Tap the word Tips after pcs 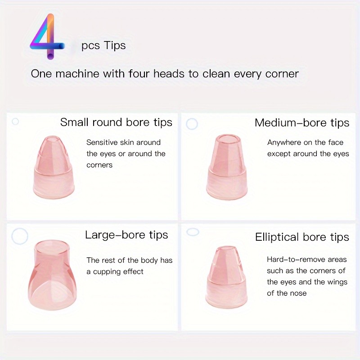click(x=115, y=45)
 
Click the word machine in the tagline click(x=77, y=74)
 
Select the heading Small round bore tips click(x=116, y=122)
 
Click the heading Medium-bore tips click(x=302, y=122)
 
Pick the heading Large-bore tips click(x=126, y=235)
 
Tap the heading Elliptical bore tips click(x=302, y=237)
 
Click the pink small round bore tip click(x=54, y=167)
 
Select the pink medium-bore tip click(x=227, y=166)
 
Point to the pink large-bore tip click(x=52, y=275)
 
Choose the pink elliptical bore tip click(x=226, y=277)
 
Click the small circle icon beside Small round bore click(x=15, y=121)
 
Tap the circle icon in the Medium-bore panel click(x=192, y=124)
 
